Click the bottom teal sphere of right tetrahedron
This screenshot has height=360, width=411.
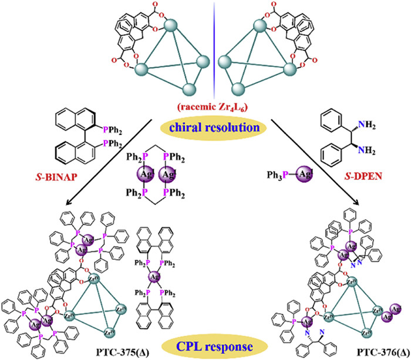(x=239, y=89)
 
